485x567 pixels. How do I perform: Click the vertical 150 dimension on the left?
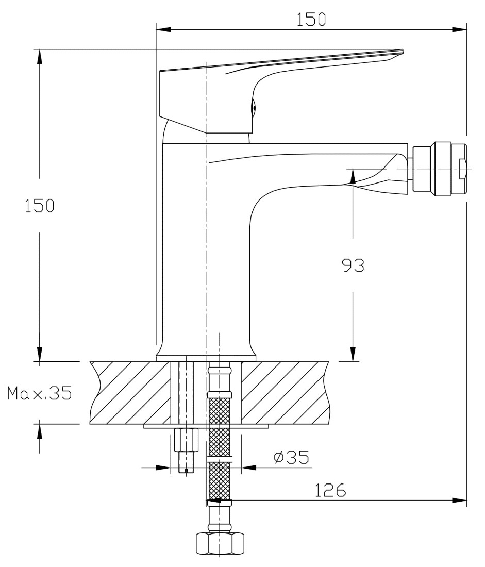click(39, 206)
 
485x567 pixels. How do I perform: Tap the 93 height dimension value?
click(353, 265)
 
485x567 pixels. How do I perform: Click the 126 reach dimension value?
click(330, 490)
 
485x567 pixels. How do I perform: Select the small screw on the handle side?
click(253, 107)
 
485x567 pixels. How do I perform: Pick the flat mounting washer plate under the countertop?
click(206, 427)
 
